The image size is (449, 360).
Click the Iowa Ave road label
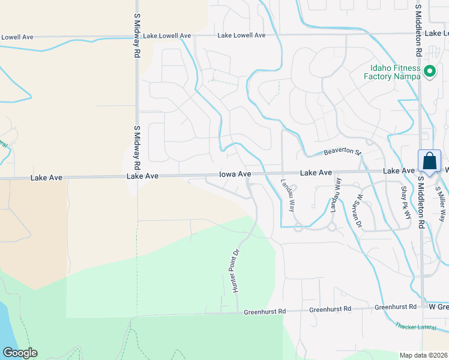click(234, 173)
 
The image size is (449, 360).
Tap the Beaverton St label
click(341, 152)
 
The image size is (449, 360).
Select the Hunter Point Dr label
click(236, 271)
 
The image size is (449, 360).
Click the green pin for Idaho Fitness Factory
click(430, 72)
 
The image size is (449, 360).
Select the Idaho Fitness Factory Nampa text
click(393, 71)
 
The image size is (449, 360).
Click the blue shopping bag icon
click(430, 161)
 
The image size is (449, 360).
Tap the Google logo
click(20, 353)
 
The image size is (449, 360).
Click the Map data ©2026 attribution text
click(423, 355)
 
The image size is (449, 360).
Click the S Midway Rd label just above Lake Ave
click(137, 148)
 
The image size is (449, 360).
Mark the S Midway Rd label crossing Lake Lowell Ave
click(137, 37)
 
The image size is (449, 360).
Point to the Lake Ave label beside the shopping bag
click(399, 172)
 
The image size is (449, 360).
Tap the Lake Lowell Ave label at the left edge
click(17, 37)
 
